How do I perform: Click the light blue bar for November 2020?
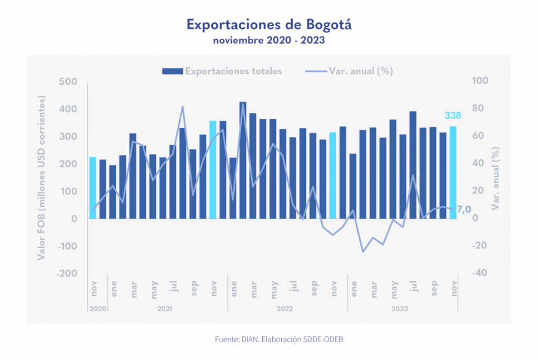(93, 188)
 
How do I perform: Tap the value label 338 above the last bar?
(453, 116)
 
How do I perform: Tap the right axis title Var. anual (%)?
(494, 179)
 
